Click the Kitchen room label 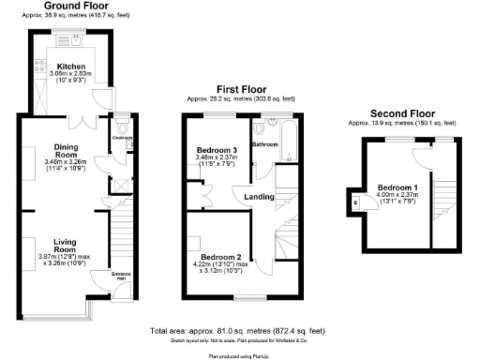tap(71, 67)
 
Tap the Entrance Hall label tap(122, 276)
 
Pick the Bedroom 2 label tap(221, 257)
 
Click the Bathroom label tap(265, 144)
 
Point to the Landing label tap(259, 196)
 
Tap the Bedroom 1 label tap(397, 187)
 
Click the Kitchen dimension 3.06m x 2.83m tap(71, 76)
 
